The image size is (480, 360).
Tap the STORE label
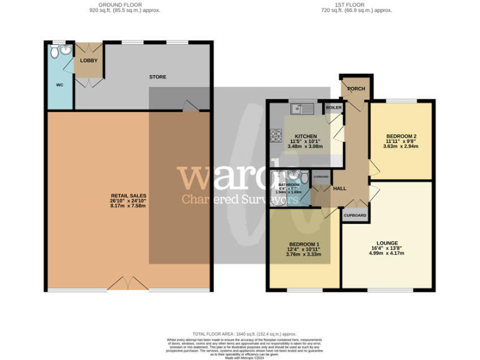click(x=157, y=77)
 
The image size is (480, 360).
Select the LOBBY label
click(x=87, y=61)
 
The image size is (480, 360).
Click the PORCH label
click(x=355, y=88)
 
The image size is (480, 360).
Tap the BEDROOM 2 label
click(x=401, y=136)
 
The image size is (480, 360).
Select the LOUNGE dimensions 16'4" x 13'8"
click(x=387, y=248)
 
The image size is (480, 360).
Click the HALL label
click(x=339, y=188)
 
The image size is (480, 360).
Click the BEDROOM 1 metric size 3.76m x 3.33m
click(x=304, y=254)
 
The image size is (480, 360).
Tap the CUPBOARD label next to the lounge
click(x=354, y=215)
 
